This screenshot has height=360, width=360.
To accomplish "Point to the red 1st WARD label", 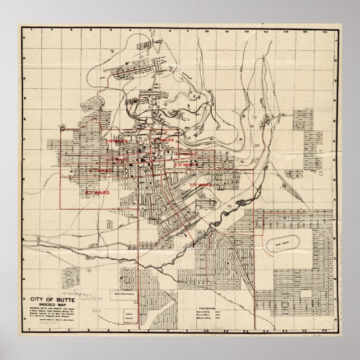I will pyautogui.click(x=165, y=139).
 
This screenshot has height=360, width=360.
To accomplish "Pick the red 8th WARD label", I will pyautogui.click(x=96, y=192).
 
